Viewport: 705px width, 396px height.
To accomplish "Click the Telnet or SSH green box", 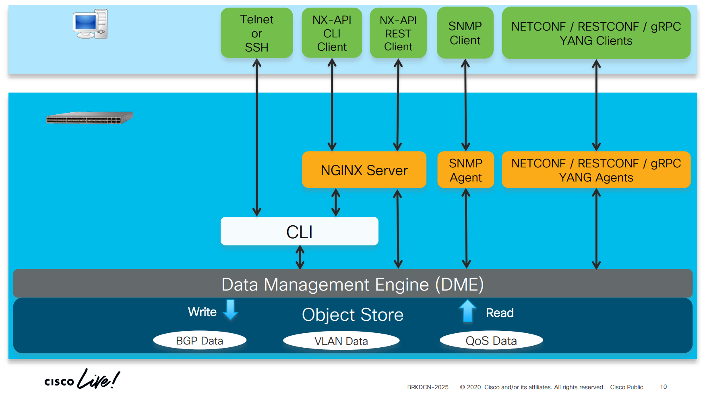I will coord(256,33).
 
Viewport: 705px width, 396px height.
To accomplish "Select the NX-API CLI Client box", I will coord(332,33).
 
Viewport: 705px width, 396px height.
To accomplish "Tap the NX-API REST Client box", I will coord(398,33).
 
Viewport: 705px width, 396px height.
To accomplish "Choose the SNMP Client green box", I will coord(465,33).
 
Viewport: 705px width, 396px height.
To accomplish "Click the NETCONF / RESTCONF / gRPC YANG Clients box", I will coord(596,33).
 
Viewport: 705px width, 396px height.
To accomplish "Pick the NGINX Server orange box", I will coord(364,170).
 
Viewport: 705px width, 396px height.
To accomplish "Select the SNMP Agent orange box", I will coord(465,170).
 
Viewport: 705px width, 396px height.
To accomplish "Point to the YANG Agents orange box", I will coord(596,170).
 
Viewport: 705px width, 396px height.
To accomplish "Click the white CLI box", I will coord(299,231).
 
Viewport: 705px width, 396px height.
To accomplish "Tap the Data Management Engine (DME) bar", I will coord(352,284).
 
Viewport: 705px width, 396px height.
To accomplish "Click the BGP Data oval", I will coord(200,340).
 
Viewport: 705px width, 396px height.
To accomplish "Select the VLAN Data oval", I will coord(341,341).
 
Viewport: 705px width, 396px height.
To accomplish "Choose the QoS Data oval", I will coord(491,340).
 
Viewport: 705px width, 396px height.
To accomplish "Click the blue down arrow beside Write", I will coord(231,309).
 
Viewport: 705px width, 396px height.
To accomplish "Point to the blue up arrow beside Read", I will coord(467,311).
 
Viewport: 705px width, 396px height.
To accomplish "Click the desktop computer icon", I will coord(90,24).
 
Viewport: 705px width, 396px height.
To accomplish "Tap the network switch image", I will coord(89,118).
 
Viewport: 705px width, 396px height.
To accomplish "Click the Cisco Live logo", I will coord(82,379).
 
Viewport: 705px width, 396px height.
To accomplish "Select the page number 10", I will coord(664,387).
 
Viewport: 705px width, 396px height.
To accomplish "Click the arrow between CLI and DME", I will coord(300,257).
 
